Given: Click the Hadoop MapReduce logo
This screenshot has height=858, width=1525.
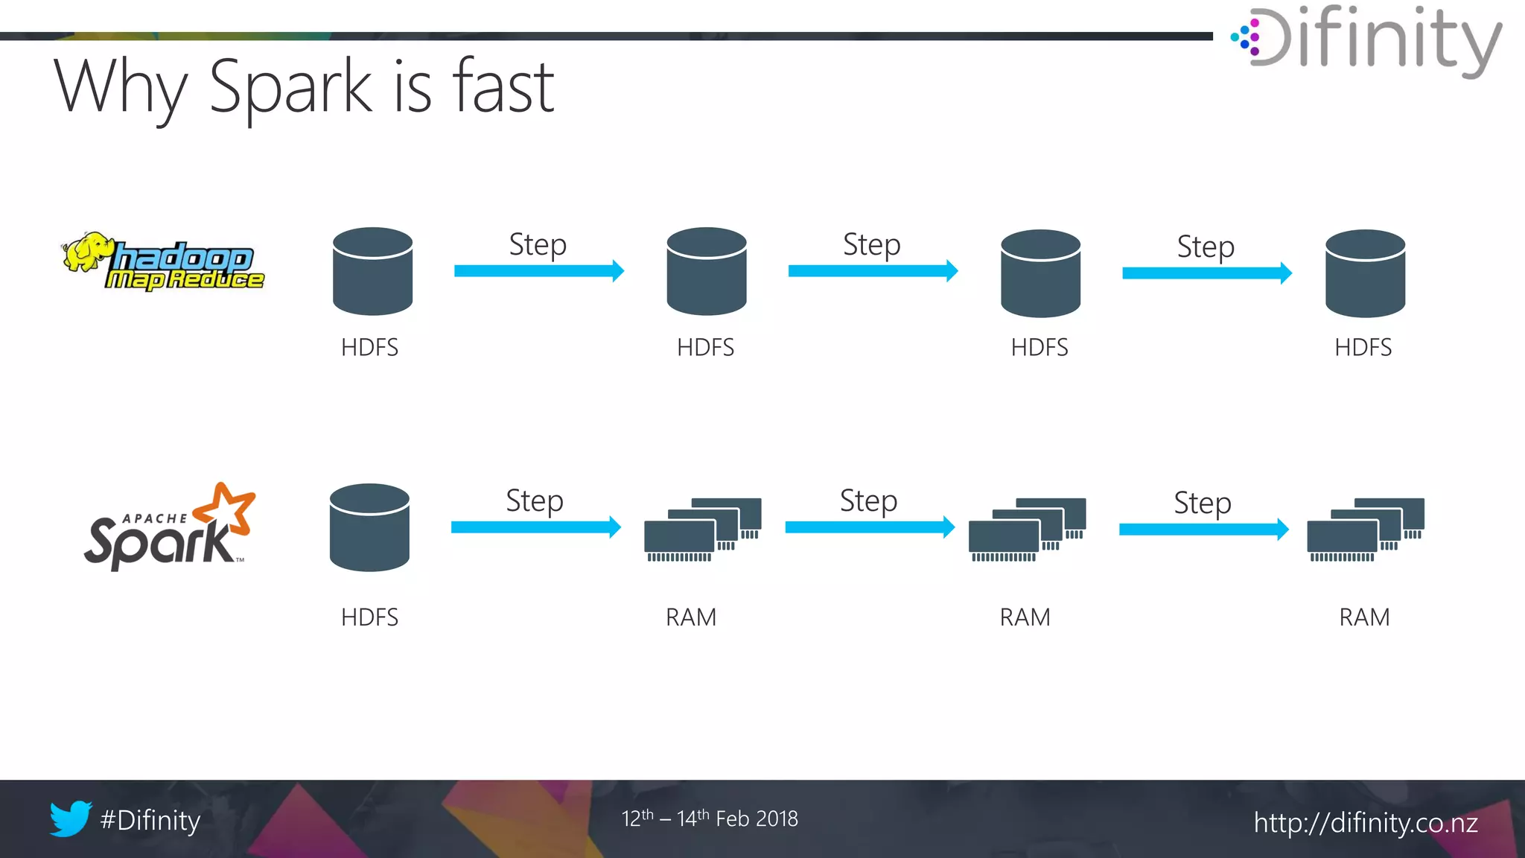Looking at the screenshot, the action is (x=164, y=261).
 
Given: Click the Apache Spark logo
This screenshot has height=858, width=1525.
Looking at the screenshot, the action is (x=170, y=527).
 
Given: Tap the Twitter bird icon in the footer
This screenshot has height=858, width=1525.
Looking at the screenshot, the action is (x=70, y=819).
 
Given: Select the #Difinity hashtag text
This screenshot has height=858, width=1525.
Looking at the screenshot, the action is (x=150, y=820).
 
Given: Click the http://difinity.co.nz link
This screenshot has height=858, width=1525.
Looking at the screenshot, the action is (x=1365, y=823).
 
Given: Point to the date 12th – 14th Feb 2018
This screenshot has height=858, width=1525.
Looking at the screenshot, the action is (x=710, y=819).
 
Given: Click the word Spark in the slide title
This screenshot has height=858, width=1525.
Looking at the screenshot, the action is (x=290, y=87).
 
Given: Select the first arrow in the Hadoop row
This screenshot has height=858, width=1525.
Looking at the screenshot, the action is (x=538, y=271).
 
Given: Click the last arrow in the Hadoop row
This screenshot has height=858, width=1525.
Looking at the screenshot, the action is (x=1206, y=273).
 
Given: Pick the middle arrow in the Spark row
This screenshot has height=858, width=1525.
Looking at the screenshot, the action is (x=869, y=527).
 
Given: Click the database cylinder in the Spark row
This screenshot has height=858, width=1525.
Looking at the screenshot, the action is (x=369, y=527).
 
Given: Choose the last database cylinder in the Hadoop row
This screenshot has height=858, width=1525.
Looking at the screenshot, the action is (x=1365, y=273).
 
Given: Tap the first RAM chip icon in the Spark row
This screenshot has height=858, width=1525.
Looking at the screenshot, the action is (x=702, y=530).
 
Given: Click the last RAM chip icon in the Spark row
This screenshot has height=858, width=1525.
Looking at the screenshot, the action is (x=1365, y=530).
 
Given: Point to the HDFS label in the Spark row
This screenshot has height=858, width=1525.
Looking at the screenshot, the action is (x=369, y=617).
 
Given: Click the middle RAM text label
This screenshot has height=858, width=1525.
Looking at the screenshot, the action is (x=1025, y=617).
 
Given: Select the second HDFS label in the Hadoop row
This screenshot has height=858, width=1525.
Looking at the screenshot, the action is (x=705, y=348).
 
